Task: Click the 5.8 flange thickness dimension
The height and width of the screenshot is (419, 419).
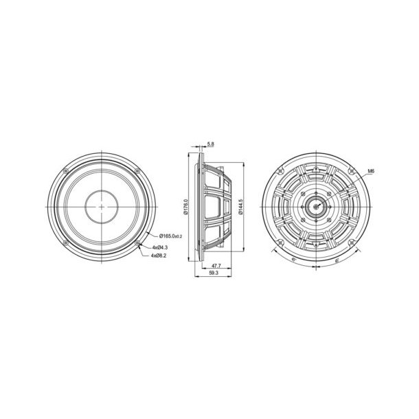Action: point(209,144)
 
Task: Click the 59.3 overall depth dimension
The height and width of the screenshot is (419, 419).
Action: point(213,272)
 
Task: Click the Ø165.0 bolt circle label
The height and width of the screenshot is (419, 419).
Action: point(169,237)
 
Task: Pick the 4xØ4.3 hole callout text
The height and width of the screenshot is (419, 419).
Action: point(161,246)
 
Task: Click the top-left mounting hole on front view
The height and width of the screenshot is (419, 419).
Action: point(65,170)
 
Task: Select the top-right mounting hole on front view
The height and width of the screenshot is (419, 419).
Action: point(137,170)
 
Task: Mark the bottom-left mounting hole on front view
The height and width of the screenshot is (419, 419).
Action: point(65,242)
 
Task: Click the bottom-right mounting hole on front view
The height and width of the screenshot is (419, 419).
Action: point(137,242)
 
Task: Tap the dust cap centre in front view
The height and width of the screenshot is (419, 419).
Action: point(102,206)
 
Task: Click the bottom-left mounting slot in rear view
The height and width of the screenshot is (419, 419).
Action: point(281,242)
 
